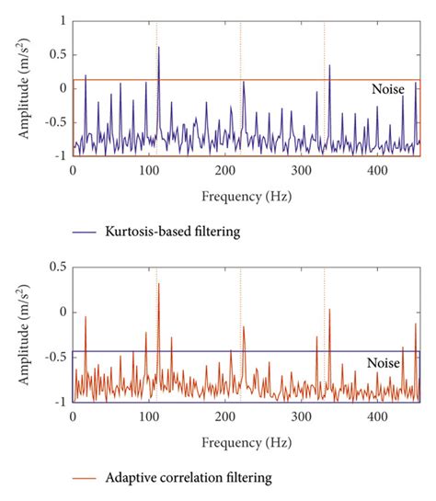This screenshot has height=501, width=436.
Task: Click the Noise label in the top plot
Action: (x=386, y=89)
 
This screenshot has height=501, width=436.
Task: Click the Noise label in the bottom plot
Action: (x=384, y=363)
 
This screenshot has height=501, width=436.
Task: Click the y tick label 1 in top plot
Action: (x=61, y=19)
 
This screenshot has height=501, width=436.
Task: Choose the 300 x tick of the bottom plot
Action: (x=300, y=417)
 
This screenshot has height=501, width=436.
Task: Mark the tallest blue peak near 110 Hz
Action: (x=158, y=48)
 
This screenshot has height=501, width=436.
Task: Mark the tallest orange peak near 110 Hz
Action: (x=158, y=284)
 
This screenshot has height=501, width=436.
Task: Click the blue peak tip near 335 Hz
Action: (x=329, y=65)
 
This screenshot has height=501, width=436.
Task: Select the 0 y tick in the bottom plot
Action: (x=61, y=312)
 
